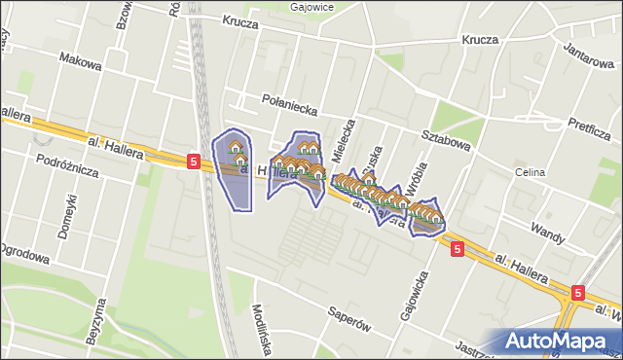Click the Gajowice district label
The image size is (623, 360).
pos(311,6)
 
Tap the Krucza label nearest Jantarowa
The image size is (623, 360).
pos(481,40)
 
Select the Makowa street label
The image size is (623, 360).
pos(80,63)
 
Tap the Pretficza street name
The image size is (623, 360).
pos(589,125)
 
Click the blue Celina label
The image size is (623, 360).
pos(531,172)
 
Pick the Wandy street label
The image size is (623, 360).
pos(549,230)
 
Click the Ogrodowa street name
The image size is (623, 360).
pos(23,258)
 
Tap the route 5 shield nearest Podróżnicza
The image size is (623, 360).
pos(195,162)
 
